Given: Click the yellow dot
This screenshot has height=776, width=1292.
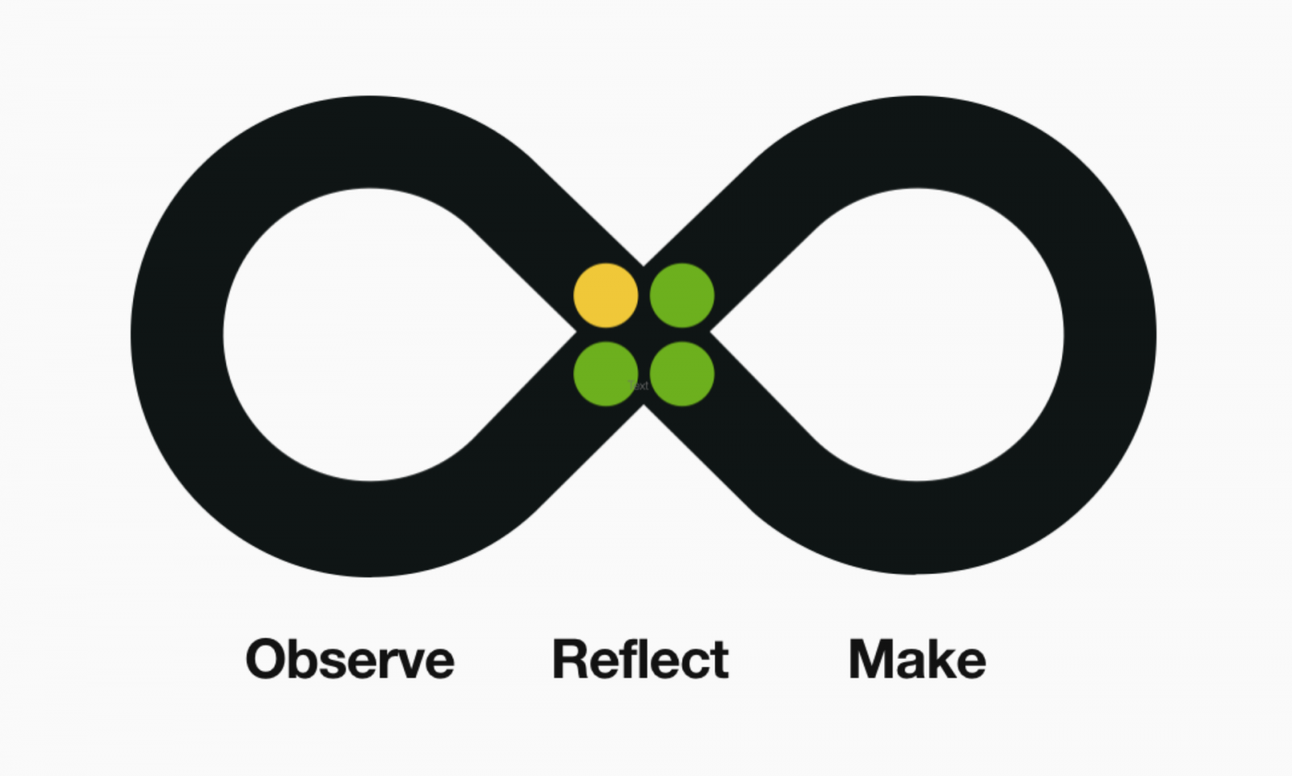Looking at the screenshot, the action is coord(606,296).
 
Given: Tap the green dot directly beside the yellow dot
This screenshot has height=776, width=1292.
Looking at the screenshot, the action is coord(682,296).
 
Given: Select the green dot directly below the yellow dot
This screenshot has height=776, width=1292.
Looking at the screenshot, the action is coord(606,374).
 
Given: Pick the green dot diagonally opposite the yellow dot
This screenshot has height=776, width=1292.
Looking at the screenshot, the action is coord(682,374).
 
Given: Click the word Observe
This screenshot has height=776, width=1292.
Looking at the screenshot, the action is coord(350,660).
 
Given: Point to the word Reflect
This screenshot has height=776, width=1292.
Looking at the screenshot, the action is coord(641,660).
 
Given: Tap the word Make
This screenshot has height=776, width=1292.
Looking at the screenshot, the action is coord(917,660).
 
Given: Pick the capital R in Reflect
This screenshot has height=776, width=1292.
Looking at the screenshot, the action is coord(570,660).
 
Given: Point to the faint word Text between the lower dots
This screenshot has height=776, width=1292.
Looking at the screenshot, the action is coord(639,385).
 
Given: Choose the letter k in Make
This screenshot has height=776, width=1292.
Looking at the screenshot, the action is coord(938,660).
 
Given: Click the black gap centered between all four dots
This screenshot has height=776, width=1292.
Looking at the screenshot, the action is coord(644,334).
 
